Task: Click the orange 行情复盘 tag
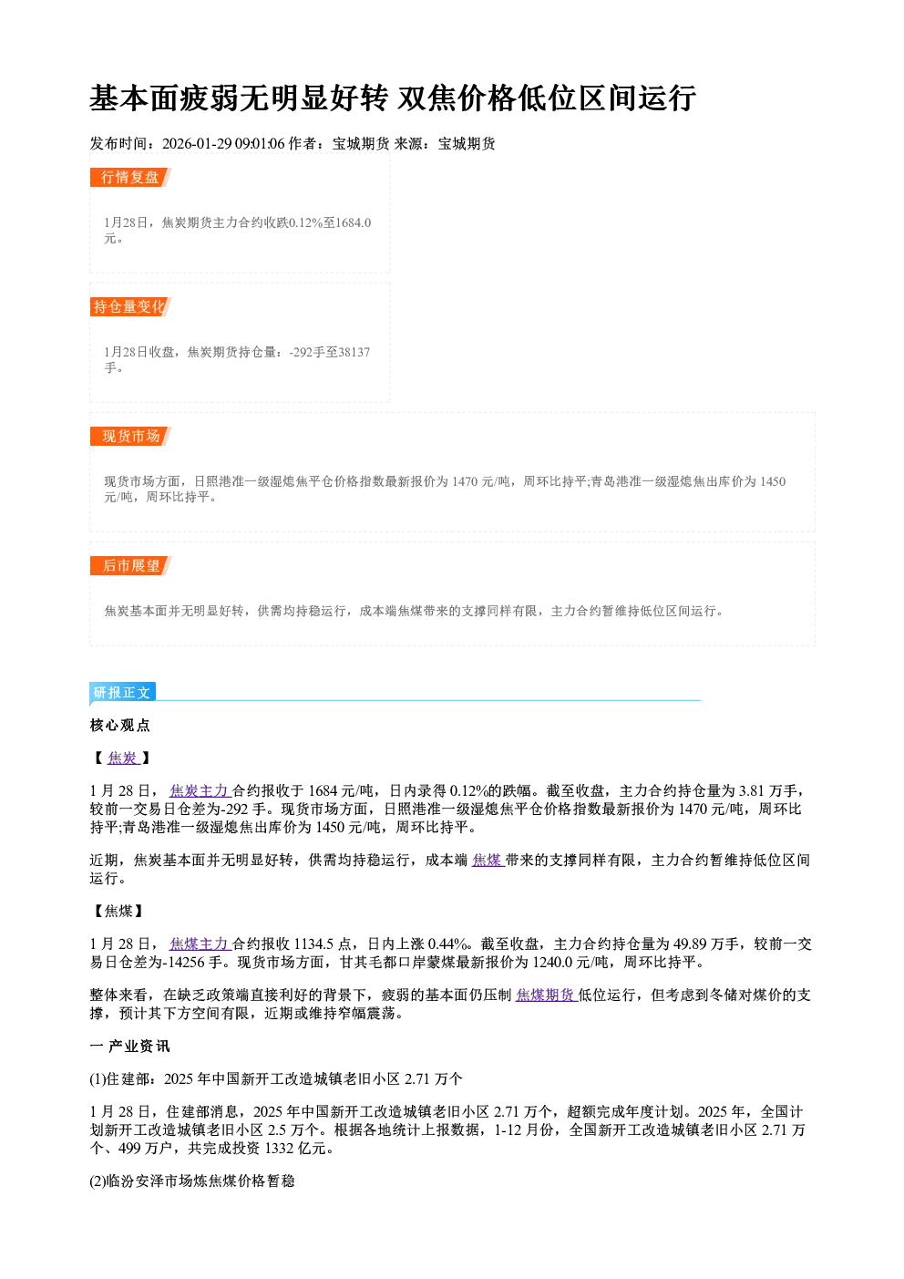[x=130, y=177]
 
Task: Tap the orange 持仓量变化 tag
[x=130, y=306]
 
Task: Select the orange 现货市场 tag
[x=130, y=437]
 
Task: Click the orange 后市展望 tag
[x=130, y=566]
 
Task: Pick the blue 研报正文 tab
[x=122, y=693]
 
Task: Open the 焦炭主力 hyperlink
[x=200, y=790]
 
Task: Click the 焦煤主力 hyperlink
[x=200, y=944]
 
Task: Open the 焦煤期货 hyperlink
[x=546, y=995]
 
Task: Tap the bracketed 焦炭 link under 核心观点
[x=122, y=758]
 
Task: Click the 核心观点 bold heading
[x=120, y=725]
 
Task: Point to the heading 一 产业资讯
[x=130, y=1046]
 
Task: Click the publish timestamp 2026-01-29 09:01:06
[x=223, y=143]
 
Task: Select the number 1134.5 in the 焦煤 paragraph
[x=313, y=944]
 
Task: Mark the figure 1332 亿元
[x=295, y=1148]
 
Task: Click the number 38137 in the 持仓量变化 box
[x=354, y=352]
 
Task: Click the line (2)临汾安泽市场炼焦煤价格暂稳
[x=192, y=1181]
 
